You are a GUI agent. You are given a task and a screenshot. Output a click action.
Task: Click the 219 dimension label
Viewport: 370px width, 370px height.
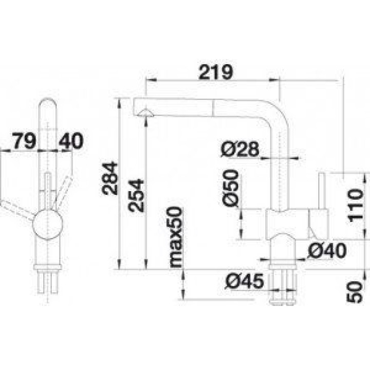coord(216,72)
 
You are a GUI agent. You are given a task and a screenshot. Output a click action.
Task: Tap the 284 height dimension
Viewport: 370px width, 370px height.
coord(110,178)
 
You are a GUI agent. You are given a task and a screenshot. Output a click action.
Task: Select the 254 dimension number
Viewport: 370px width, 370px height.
coord(136,196)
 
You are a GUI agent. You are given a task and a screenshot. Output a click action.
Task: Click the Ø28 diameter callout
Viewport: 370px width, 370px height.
coord(240,149)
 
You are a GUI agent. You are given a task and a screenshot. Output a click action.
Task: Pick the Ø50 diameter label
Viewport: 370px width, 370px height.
coord(231,188)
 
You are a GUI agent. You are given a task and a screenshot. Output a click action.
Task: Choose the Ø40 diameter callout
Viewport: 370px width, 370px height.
coord(327,250)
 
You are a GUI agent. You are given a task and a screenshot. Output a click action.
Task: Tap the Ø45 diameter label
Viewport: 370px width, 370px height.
coord(244,281)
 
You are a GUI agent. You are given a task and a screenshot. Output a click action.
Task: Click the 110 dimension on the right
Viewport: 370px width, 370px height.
coord(355,206)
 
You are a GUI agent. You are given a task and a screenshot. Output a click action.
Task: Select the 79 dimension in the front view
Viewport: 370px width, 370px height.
coord(24,141)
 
